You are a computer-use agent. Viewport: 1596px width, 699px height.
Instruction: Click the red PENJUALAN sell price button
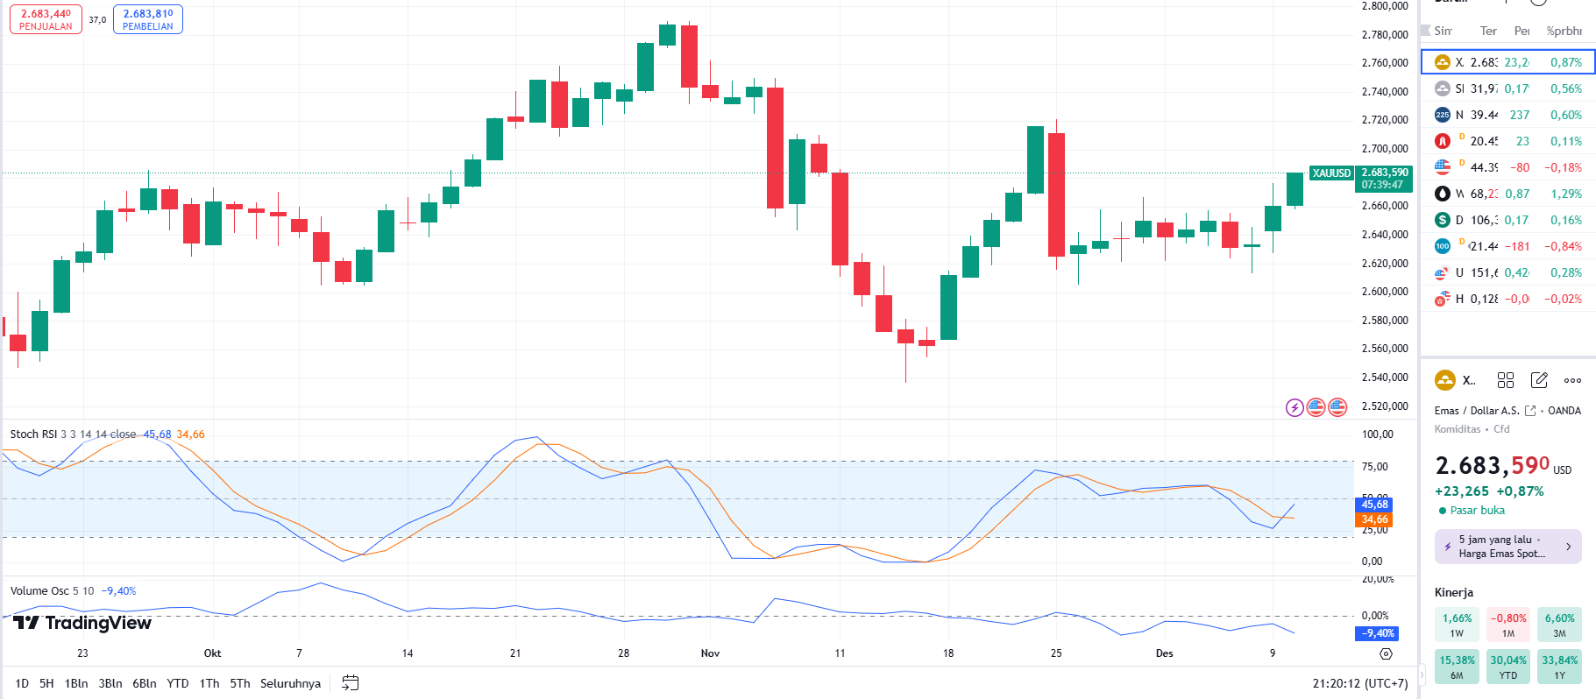click(46, 19)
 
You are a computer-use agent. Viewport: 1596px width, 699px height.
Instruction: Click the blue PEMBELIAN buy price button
click(148, 19)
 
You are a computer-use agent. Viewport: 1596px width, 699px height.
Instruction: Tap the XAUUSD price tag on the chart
click(1331, 173)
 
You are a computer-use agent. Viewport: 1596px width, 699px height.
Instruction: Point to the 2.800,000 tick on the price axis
click(1385, 6)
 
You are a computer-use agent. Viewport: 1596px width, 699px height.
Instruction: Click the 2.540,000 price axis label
click(1385, 378)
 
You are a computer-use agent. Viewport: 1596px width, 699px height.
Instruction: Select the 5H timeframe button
click(46, 683)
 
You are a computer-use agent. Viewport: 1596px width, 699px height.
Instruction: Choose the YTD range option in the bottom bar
click(178, 683)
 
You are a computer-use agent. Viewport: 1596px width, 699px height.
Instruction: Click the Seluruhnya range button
click(290, 683)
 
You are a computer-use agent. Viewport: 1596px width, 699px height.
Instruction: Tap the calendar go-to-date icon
click(350, 683)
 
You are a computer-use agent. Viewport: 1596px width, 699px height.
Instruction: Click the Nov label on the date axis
click(710, 653)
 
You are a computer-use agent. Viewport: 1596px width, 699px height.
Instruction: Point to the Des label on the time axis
click(1164, 653)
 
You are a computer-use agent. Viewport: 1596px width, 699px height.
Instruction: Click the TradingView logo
click(82, 623)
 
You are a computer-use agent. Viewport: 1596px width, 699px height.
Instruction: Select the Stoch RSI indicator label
click(32, 434)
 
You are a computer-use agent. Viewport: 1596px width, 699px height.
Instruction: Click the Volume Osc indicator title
click(39, 591)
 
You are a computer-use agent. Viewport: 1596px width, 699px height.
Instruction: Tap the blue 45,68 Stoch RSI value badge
click(1374, 505)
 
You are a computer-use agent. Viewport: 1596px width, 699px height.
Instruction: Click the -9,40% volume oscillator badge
click(1378, 633)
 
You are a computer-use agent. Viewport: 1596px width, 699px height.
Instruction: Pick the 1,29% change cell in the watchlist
click(1565, 194)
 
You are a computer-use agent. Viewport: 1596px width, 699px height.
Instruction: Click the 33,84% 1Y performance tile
click(1559, 667)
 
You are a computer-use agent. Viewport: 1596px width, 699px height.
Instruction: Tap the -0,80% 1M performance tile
click(1507, 625)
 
